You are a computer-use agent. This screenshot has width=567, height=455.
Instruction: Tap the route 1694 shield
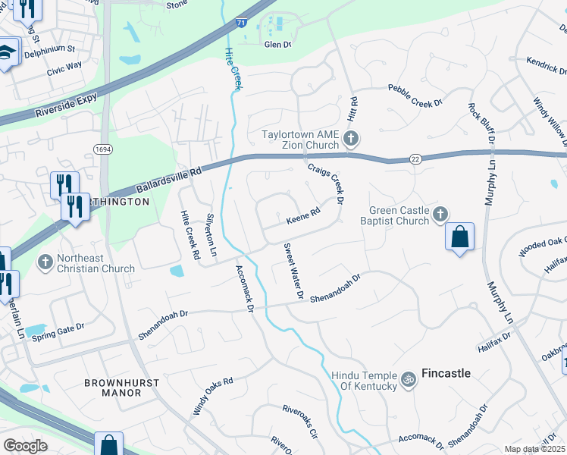[104, 149]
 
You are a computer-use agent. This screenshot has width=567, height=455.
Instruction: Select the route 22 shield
[415, 158]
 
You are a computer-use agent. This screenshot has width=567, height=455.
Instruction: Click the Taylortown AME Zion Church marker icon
[350, 139]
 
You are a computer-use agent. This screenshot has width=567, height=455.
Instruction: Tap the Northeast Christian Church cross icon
[45, 262]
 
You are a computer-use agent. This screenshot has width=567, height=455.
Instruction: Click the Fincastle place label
[446, 373]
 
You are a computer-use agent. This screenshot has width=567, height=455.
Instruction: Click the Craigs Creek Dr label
[325, 183]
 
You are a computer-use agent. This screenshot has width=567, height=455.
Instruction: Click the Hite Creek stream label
[233, 69]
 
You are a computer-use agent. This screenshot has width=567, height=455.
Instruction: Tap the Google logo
[26, 446]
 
